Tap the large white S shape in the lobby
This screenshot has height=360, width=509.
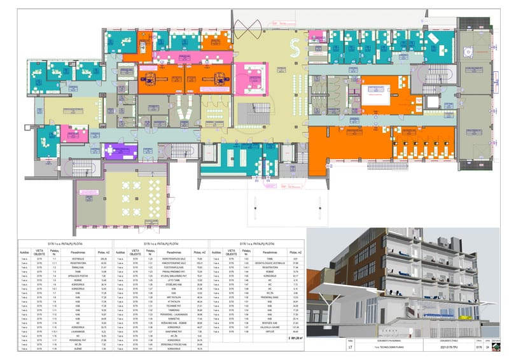click(x=295, y=46)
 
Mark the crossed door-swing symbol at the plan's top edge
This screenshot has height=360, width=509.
click(x=246, y=27)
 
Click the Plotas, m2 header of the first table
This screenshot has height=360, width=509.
click(x=99, y=253)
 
